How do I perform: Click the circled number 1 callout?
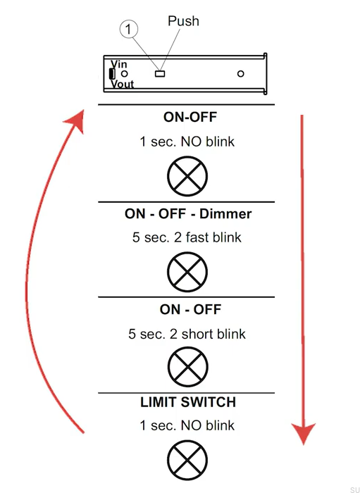(128, 30)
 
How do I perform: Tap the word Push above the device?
(183, 21)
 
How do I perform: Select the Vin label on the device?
(119, 64)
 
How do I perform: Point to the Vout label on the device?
(123, 84)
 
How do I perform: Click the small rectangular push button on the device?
(160, 74)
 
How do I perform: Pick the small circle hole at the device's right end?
(240, 74)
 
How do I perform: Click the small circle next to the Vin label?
(125, 74)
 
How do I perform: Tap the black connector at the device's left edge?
(112, 73)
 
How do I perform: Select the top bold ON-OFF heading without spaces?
(190, 118)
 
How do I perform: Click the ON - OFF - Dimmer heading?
(188, 214)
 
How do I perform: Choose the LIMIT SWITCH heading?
(188, 402)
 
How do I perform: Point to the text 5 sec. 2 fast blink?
(187, 237)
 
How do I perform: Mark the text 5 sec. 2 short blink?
(187, 334)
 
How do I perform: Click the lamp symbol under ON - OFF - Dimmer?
(187, 272)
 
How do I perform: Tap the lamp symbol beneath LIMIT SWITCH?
(187, 461)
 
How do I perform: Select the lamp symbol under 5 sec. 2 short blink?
(187, 367)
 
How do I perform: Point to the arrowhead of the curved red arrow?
(76, 120)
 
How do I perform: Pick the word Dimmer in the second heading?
(225, 214)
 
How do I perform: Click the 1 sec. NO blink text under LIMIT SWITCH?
(187, 425)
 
